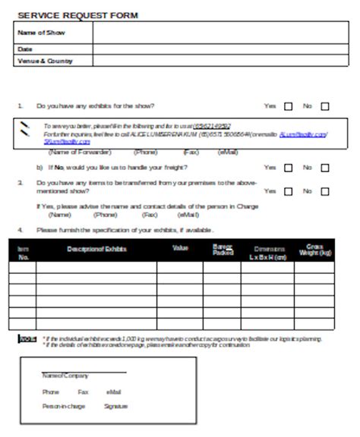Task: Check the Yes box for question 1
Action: [x=289, y=107]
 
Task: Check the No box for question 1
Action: [x=325, y=107]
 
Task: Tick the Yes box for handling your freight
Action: [x=289, y=167]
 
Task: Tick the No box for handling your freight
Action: [x=325, y=167]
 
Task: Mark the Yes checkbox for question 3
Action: [x=289, y=191]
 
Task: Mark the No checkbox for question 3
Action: [x=325, y=191]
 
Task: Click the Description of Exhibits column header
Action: [x=96, y=249]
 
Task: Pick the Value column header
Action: [x=180, y=248]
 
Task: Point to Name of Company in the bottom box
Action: [x=65, y=375]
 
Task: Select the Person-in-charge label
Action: [x=64, y=407]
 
